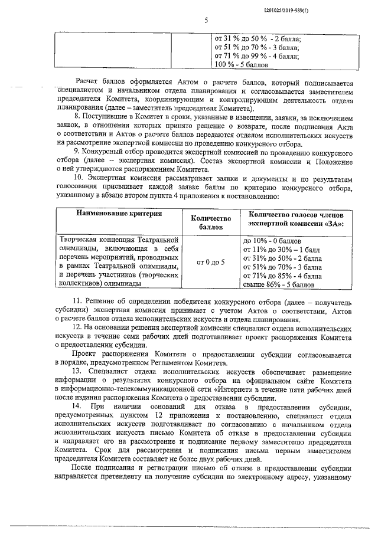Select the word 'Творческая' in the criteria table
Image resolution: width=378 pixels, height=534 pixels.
[80, 240]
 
